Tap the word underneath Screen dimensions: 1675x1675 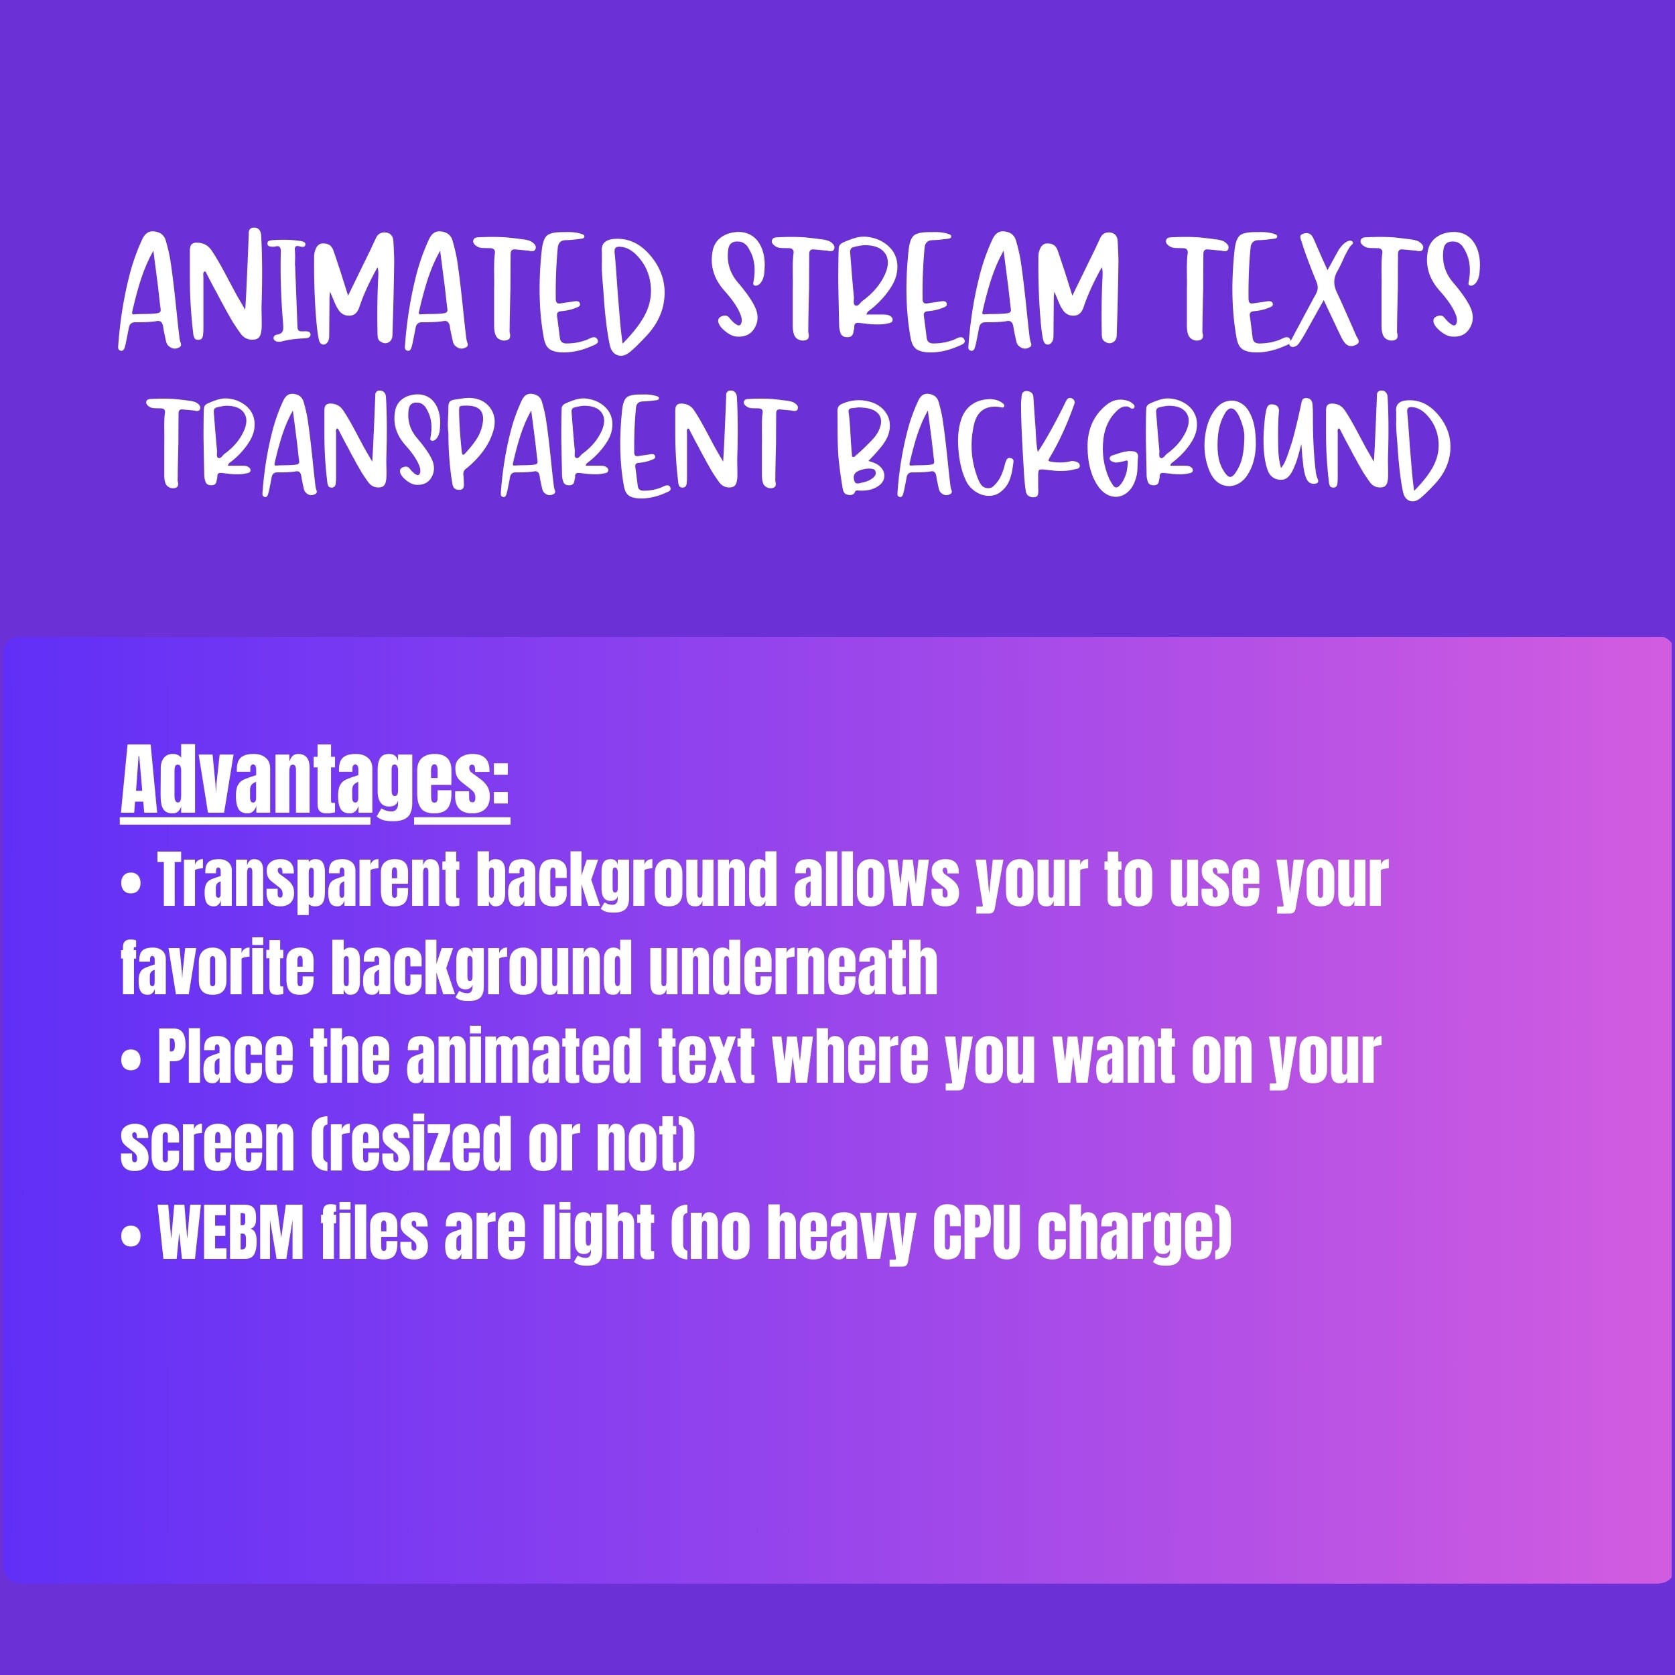[793, 969]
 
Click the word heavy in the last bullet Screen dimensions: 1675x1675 [841, 1235]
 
